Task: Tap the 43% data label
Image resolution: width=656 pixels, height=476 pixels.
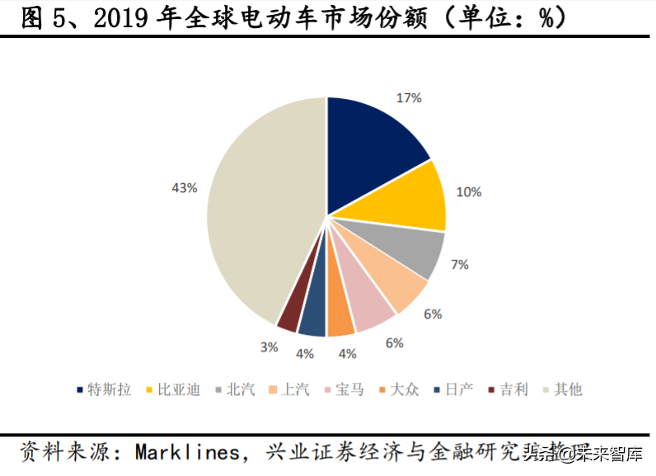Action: click(x=184, y=188)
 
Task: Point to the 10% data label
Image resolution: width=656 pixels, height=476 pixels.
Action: click(x=469, y=191)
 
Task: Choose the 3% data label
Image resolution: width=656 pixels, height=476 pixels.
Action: click(x=269, y=347)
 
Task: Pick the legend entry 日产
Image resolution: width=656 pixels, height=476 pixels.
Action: click(x=460, y=389)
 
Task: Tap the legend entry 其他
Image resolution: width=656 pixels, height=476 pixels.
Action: click(x=568, y=389)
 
